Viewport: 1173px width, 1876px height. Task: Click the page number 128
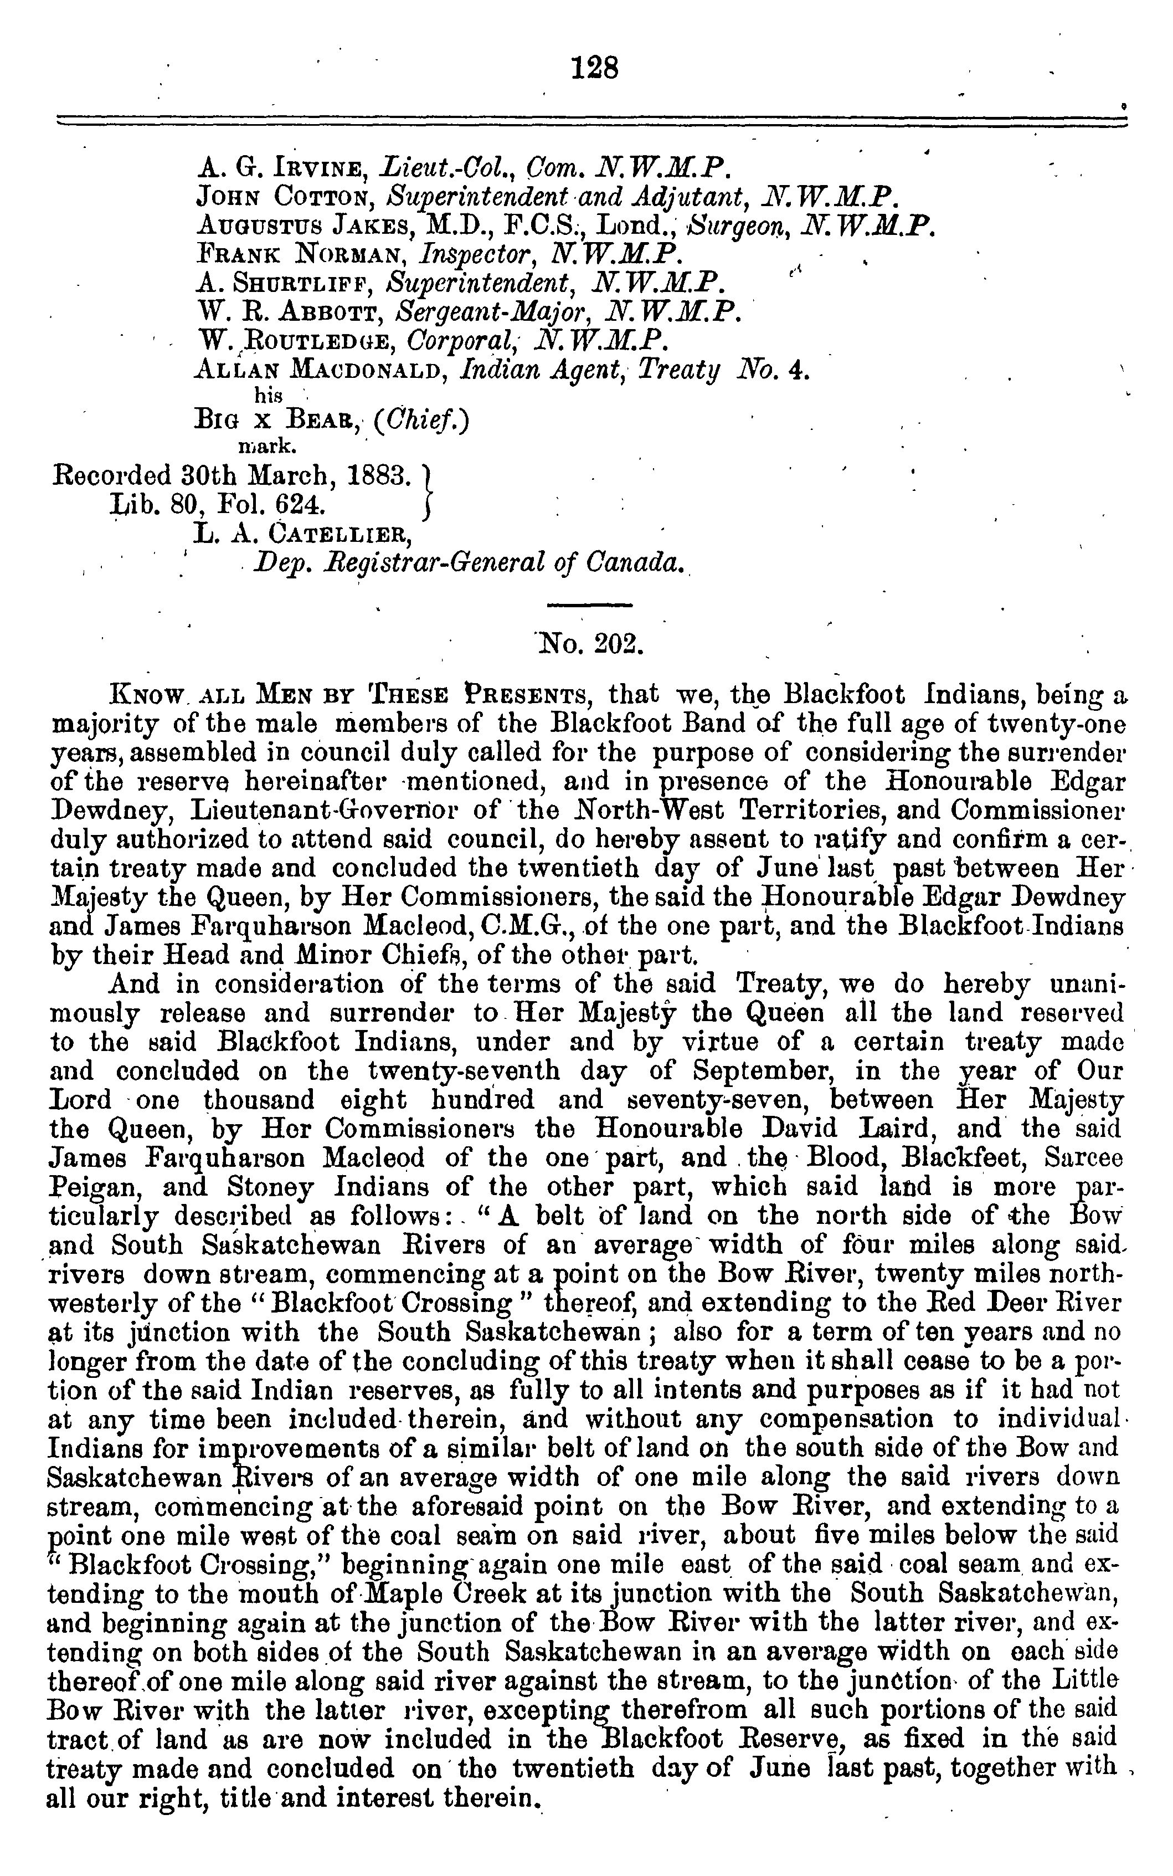click(595, 69)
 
